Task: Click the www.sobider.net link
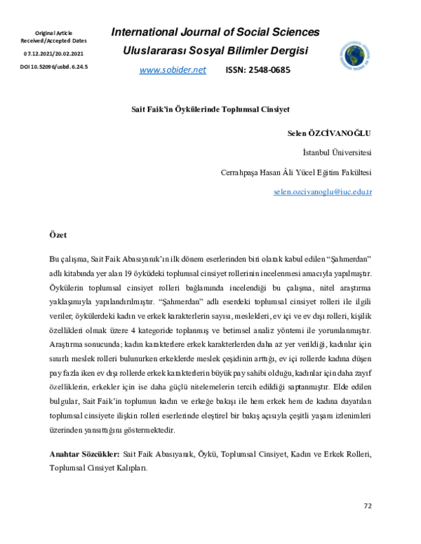pos(173,70)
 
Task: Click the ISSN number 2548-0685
pos(257,70)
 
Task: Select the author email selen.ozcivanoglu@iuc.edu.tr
pos(322,191)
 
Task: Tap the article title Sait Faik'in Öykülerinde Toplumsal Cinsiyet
pos(210,110)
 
